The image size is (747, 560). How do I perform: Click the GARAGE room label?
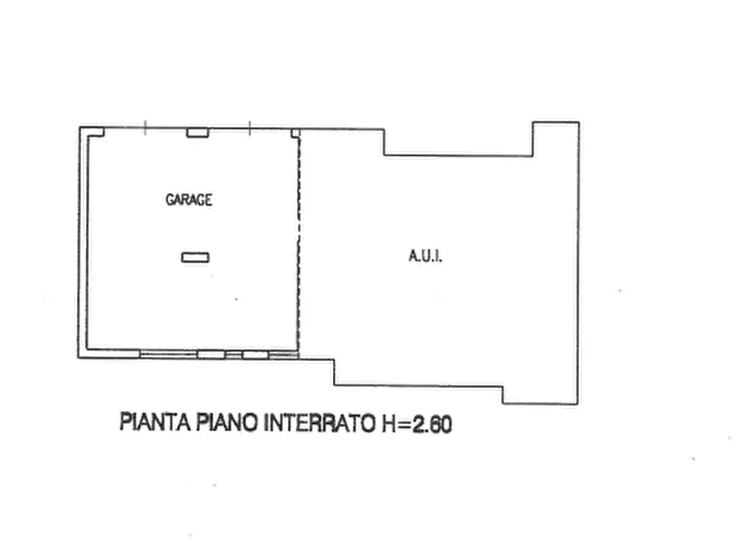point(188,200)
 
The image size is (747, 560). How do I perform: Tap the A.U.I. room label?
point(425,257)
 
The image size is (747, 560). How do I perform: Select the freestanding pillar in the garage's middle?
point(195,257)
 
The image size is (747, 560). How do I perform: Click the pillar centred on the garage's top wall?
point(197,132)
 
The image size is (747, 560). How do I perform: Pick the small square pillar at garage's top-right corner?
point(294,132)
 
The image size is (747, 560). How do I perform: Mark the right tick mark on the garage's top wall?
point(250,128)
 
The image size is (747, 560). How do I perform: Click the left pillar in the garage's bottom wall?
point(211,354)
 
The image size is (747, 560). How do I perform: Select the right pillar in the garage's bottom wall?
point(255,354)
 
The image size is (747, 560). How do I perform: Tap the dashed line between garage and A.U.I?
point(299,242)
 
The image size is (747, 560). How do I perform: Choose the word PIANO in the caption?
point(228,423)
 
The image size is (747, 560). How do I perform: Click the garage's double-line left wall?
point(84,242)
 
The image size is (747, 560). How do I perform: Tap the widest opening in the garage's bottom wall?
point(168,354)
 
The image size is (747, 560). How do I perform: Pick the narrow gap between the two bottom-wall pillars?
point(233,354)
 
